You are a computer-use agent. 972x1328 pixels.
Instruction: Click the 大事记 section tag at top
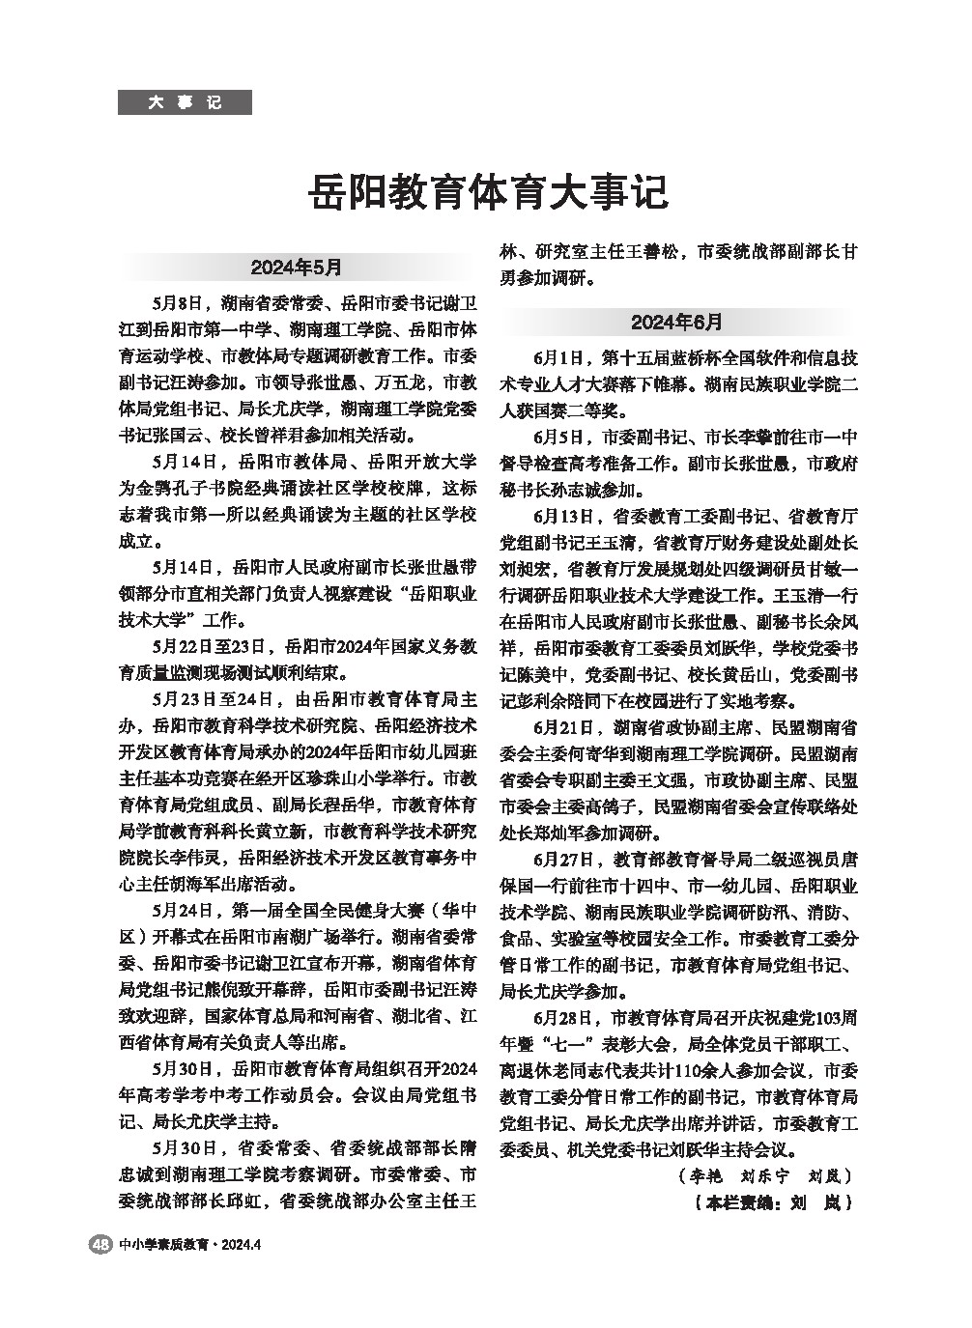coord(185,101)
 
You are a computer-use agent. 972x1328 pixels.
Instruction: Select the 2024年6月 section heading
coord(676,321)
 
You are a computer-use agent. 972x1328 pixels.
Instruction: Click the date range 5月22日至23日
coord(210,645)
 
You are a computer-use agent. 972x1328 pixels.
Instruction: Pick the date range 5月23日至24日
coord(210,698)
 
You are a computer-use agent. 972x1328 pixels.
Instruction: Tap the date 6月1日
coord(557,357)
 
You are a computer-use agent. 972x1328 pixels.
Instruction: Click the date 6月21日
coord(561,725)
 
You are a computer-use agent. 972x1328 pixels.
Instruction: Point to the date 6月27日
coord(561,858)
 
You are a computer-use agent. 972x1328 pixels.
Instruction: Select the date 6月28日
coord(561,1017)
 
